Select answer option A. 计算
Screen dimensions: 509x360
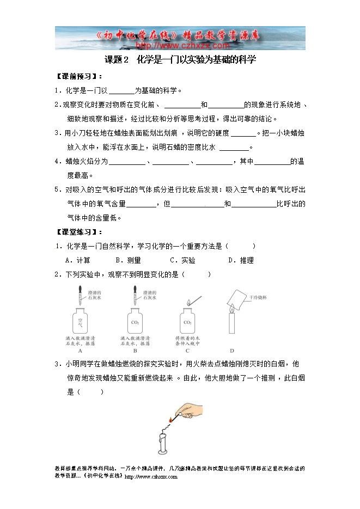[78, 260]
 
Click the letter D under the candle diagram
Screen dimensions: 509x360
[232, 351]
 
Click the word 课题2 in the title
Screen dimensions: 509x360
[116, 60]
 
